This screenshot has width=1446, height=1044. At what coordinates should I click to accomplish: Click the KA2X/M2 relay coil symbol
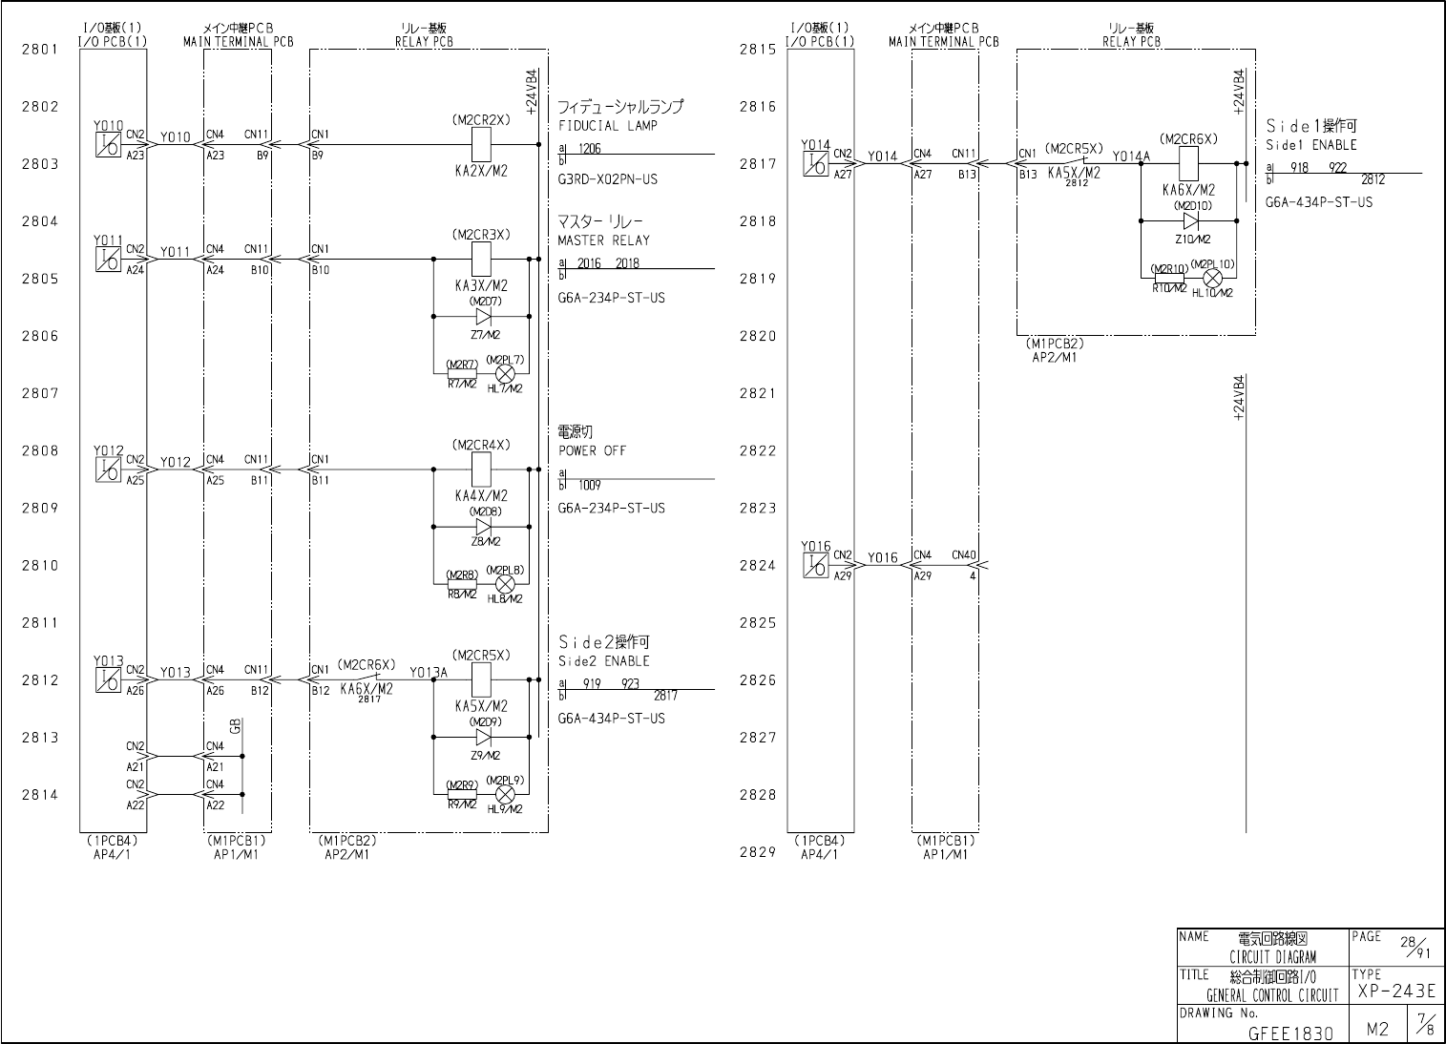point(482,145)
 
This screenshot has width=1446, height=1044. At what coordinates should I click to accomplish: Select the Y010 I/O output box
point(108,145)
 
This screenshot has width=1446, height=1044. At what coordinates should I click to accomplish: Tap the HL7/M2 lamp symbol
point(505,373)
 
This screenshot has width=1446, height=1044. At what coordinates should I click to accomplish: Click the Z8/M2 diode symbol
point(483,526)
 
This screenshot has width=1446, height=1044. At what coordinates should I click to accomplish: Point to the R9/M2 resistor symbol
point(462,793)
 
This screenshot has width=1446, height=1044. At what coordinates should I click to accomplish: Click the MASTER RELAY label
point(603,240)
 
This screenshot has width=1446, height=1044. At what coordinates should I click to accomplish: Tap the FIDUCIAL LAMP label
point(607,126)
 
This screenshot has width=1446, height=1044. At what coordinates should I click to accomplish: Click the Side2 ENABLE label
point(603,660)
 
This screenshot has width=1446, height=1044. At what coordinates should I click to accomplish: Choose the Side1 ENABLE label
point(1310,145)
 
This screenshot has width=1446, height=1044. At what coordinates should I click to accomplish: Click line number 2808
point(40,450)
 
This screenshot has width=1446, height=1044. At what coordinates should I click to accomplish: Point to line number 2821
point(758,393)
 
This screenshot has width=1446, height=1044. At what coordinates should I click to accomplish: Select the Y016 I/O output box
point(815,565)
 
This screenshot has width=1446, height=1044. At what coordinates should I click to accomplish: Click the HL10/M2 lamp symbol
point(1212,278)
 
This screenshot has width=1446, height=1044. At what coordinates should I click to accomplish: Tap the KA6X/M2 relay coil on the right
point(1188,164)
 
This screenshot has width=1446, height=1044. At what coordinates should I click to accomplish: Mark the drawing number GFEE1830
point(1290,1033)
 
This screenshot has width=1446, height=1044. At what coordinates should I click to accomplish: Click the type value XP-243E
point(1395,992)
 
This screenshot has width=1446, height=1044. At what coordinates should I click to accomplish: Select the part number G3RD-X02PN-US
point(607,179)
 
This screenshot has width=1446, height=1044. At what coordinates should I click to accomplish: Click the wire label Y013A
point(429,672)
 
